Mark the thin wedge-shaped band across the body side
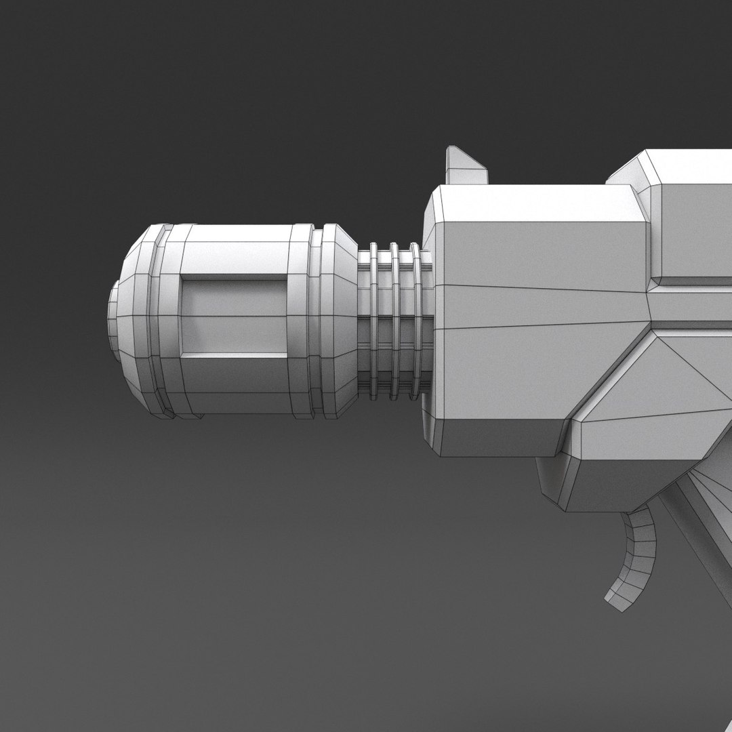[542, 308]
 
